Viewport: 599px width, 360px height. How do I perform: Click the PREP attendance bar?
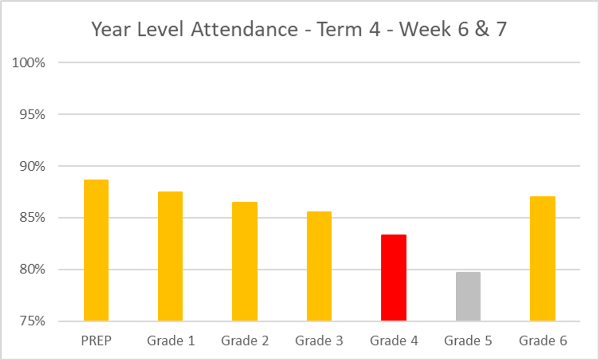point(96,250)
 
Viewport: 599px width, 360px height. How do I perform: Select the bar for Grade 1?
point(170,256)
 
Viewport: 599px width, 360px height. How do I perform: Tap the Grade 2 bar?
point(245,261)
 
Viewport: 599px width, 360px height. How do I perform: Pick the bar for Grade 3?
point(319,266)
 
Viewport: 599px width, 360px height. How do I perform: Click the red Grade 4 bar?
point(393,278)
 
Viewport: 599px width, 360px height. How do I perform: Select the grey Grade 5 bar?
point(468,297)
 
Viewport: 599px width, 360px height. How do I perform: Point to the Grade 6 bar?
point(543,259)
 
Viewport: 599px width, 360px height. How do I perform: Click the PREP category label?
point(96,341)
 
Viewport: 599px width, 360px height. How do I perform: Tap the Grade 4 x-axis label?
point(394,341)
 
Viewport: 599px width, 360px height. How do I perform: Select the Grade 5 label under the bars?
point(468,341)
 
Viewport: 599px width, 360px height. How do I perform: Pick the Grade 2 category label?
point(245,341)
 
